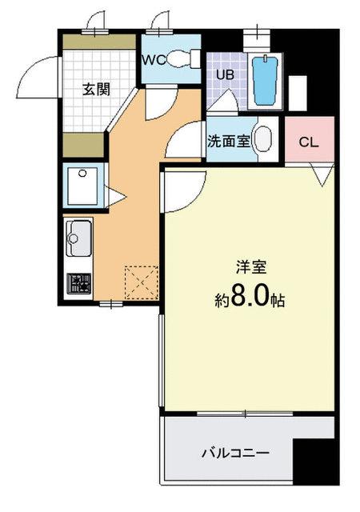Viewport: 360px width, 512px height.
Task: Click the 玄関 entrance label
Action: click(x=95, y=89)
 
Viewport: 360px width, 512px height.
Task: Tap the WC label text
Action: click(x=154, y=60)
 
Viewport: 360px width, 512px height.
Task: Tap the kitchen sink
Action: click(x=79, y=236)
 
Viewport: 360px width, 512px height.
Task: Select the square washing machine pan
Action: click(x=80, y=185)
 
